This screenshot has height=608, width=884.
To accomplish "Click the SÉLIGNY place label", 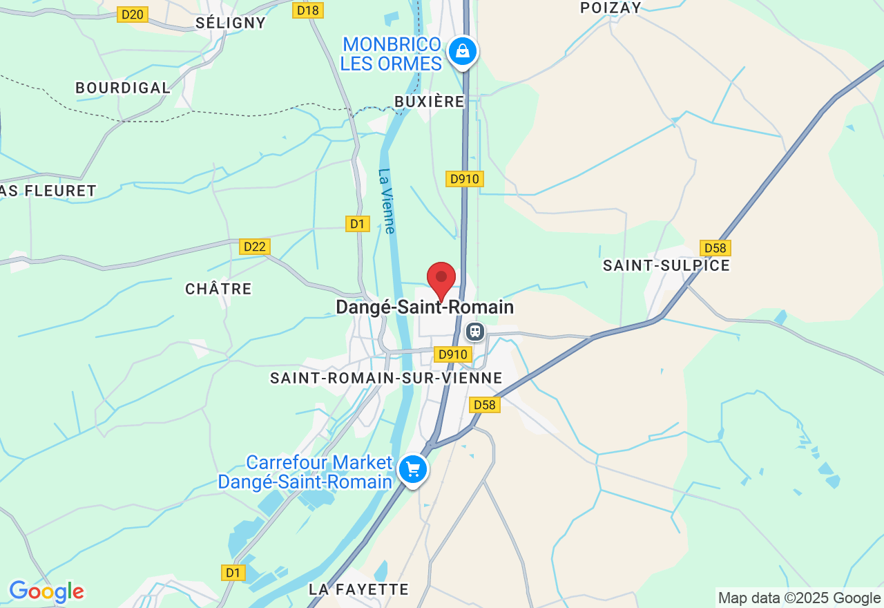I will (x=231, y=23).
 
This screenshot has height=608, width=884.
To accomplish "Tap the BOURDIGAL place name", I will (x=123, y=88).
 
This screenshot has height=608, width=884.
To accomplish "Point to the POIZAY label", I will (x=611, y=8).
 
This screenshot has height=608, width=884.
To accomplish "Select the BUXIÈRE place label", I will (x=429, y=102).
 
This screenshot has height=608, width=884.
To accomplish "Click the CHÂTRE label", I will (x=218, y=289).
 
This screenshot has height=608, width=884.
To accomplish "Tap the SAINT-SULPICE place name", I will (x=666, y=265).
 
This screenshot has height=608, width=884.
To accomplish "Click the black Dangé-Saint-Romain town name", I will (x=425, y=307).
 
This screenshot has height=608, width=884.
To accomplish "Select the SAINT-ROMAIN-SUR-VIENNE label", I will (x=386, y=378).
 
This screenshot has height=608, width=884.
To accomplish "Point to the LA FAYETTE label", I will (x=358, y=589).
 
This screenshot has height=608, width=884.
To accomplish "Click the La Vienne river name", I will (x=387, y=201).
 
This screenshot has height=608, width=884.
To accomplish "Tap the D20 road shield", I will (x=133, y=15).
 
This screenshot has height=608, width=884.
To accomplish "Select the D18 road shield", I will (x=307, y=10).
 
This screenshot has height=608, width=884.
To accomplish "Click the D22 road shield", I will (x=255, y=247).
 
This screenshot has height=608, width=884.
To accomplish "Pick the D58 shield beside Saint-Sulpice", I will (x=715, y=248).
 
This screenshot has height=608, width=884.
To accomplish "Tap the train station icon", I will (x=474, y=332).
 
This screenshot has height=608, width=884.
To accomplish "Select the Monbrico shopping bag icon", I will (x=462, y=51).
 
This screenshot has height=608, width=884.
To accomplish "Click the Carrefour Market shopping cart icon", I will (x=413, y=470).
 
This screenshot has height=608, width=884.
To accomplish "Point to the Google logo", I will (x=46, y=592).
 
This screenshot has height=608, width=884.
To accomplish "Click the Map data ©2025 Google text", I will (x=799, y=598).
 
